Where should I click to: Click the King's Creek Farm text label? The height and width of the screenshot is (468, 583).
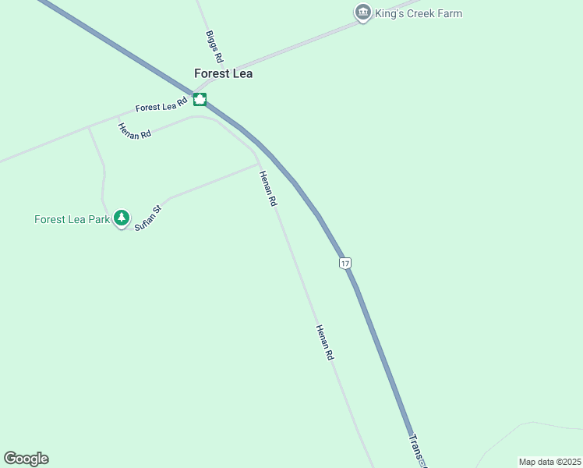tap(419, 13)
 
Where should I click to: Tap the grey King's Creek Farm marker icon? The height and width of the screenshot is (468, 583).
tap(362, 12)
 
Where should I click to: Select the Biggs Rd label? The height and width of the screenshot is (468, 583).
tap(214, 46)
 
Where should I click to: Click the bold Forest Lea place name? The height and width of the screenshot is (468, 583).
tap(223, 73)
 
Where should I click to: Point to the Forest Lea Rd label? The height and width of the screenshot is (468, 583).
tap(161, 105)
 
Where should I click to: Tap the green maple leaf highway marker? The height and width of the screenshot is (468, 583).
tap(200, 99)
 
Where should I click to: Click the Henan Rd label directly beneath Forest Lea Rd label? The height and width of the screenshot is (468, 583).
tap(134, 131)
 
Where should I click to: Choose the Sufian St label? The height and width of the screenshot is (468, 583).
tap(147, 216)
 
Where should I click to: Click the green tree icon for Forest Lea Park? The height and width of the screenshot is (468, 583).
tap(121, 218)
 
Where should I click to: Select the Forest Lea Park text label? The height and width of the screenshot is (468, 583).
tap(72, 219)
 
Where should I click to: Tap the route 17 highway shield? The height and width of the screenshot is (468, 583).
tap(345, 264)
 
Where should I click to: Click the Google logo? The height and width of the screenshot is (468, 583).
tap(26, 459)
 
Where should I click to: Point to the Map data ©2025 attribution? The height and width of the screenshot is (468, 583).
tap(549, 462)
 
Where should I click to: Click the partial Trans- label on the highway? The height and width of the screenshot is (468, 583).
tap(418, 450)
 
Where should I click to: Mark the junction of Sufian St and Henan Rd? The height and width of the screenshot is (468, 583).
tap(258, 165)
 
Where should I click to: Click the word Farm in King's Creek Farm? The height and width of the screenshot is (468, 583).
tap(448, 13)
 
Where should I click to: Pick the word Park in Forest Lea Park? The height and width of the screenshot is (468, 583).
tap(99, 219)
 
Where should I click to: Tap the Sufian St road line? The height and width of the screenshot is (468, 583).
tap(210, 183)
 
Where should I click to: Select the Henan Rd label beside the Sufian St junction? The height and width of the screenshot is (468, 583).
tap(268, 188)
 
